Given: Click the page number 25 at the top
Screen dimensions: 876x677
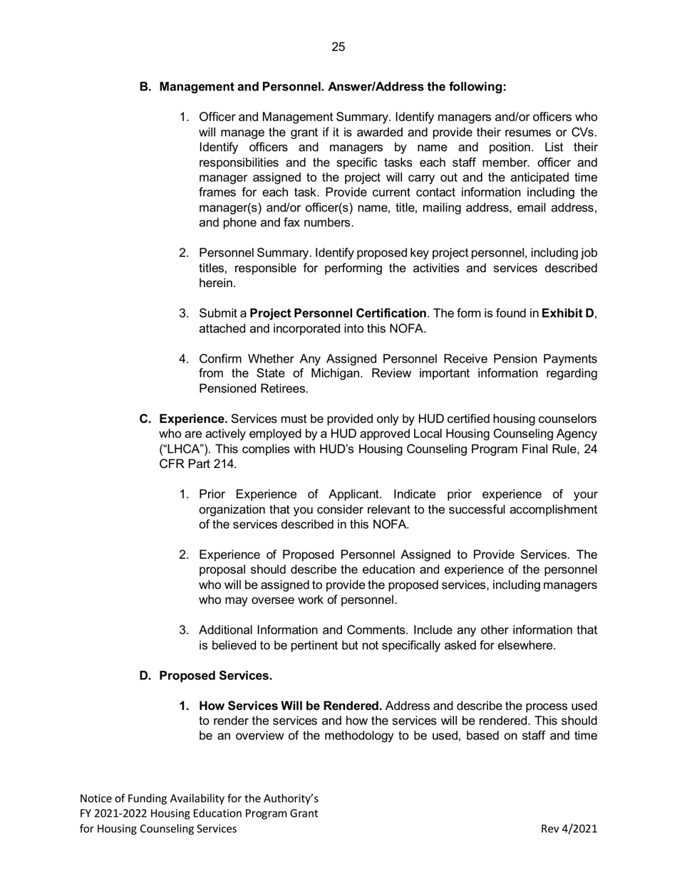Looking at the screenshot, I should coord(338,48).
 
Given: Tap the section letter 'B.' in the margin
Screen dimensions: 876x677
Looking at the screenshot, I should coord(145,87).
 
